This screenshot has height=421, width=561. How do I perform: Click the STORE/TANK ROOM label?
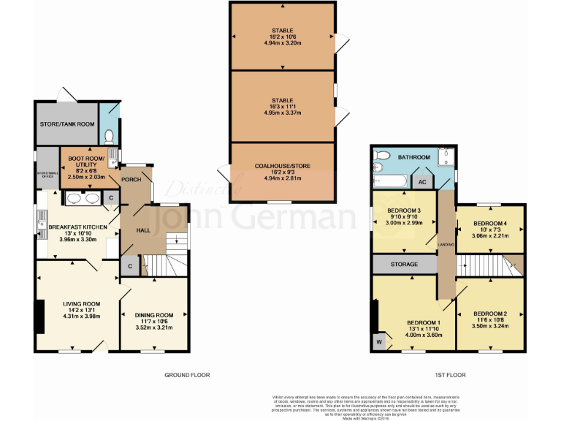coord(66,124)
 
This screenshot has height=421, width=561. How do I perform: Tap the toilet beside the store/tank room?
coord(110,135)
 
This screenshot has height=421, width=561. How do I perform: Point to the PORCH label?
coord(131,179)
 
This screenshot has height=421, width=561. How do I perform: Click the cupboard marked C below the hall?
coord(129,267)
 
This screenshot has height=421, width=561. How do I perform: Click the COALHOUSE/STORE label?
coord(281,166)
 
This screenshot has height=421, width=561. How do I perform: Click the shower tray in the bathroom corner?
coord(445,156)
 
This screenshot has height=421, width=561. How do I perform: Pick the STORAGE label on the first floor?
coord(404,264)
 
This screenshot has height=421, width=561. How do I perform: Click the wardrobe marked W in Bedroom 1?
coord(378,340)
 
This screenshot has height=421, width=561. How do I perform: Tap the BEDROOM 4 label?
coord(489,222)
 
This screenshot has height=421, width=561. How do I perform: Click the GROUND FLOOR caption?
coord(186,375)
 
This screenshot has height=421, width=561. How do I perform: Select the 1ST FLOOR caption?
coord(451,375)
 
